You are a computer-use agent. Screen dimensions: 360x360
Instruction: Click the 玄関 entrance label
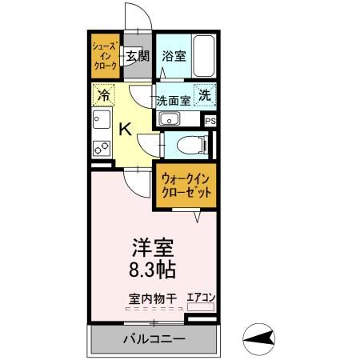click(x=138, y=56)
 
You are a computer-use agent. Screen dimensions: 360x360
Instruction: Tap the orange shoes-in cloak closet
click(x=105, y=55)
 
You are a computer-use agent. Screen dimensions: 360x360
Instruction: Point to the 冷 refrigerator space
click(x=103, y=95)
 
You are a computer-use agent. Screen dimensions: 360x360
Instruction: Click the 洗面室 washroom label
click(x=172, y=101)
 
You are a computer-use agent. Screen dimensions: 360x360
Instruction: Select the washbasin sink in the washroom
click(x=170, y=120)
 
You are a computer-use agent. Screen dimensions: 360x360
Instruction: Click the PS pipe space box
click(x=210, y=121)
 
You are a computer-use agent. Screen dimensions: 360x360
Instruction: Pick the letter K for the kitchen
click(x=126, y=128)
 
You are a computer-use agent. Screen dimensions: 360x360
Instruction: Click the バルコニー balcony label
click(x=154, y=339)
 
